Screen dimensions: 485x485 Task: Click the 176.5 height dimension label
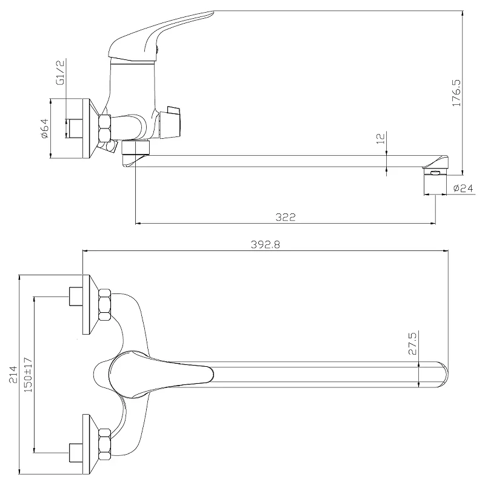pyautogui.click(x=457, y=93)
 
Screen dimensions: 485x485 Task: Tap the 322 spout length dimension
pyautogui.click(x=286, y=217)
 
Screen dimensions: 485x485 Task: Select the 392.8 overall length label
pyautogui.click(x=266, y=245)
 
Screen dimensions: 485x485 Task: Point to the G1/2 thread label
pyautogui.click(x=60, y=73)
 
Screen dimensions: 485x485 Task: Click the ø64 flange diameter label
pyautogui.click(x=44, y=129)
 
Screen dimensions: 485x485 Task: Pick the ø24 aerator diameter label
pyautogui.click(x=463, y=188)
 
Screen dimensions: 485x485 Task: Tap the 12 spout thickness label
pyautogui.click(x=381, y=138)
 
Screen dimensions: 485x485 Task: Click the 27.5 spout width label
pyautogui.click(x=413, y=343)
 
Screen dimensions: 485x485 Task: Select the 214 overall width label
pyautogui.click(x=13, y=374)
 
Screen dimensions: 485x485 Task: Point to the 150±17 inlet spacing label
pyautogui.click(x=28, y=375)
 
